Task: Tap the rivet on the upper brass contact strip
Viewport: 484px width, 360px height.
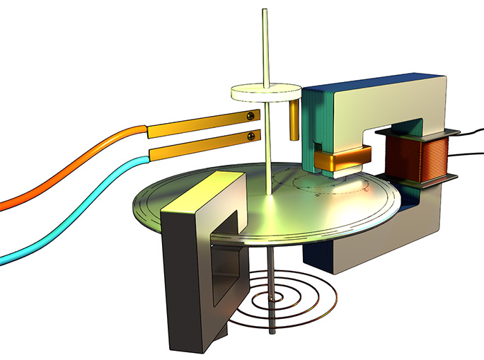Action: pos(250,116)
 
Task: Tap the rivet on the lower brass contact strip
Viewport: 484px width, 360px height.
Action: pos(250,135)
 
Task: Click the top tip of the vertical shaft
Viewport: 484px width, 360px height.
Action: pos(265,10)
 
